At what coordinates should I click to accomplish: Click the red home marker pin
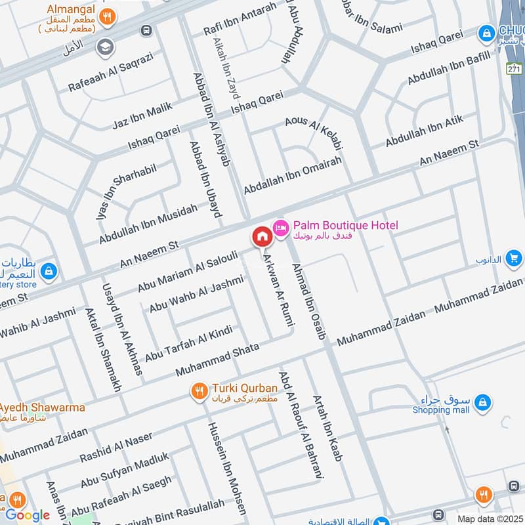click(261, 237)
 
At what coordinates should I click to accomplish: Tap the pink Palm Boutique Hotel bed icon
click(281, 227)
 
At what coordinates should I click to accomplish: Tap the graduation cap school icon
click(104, 47)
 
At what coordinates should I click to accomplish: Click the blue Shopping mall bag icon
click(482, 401)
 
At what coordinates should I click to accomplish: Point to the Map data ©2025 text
click(490, 518)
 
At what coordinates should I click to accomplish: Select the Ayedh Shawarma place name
click(43, 408)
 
